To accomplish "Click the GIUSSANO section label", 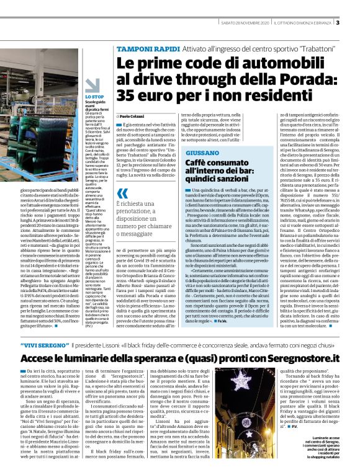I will pos(202,153).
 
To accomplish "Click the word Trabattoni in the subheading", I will pos(298,48).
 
